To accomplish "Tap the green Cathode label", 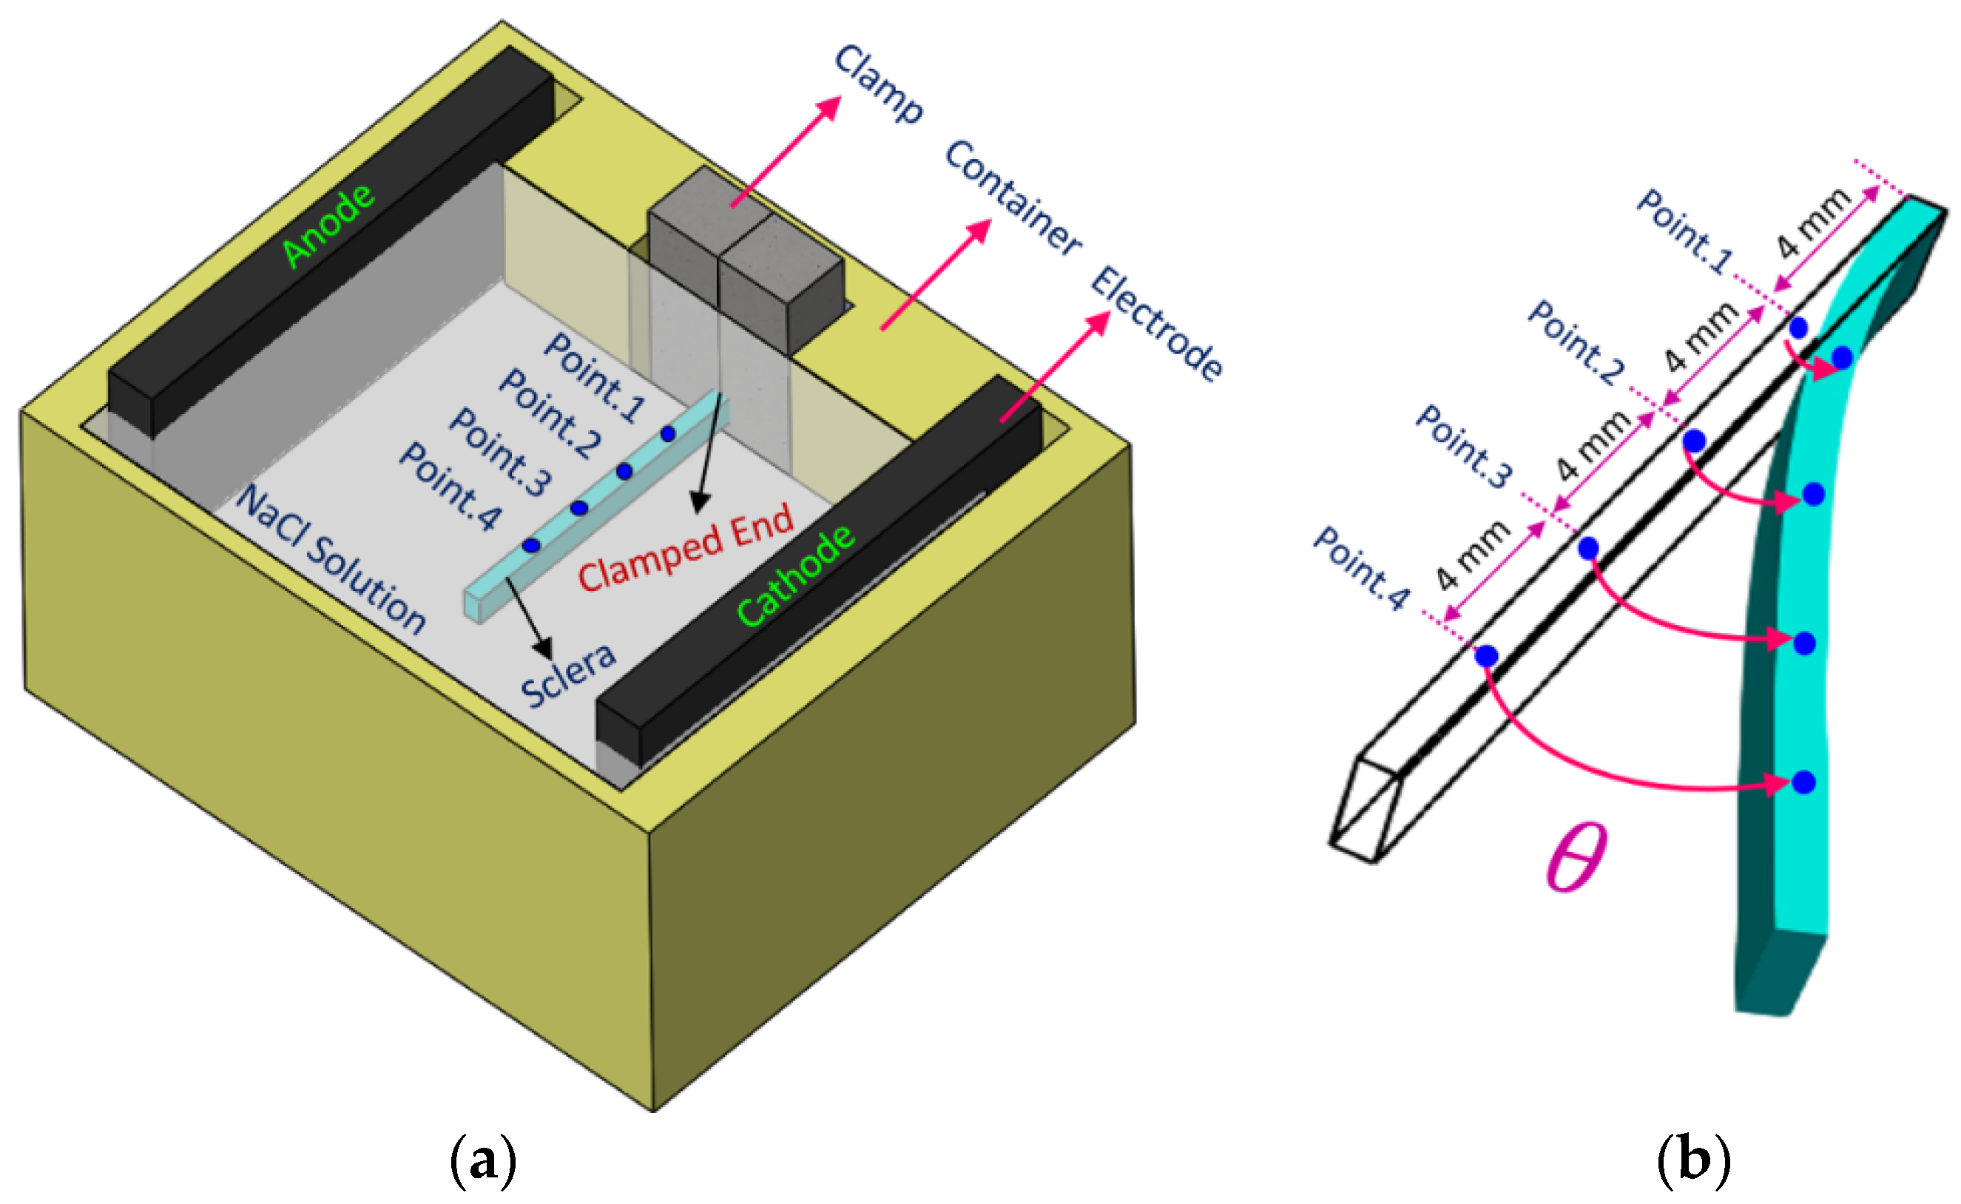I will (x=795, y=575).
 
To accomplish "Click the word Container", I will (x=1013, y=197).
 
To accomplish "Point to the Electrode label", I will (x=1155, y=324).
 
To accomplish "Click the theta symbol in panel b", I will (x=1575, y=859).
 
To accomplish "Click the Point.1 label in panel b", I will (x=1684, y=231).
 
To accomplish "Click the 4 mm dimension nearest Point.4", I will (x=1473, y=555).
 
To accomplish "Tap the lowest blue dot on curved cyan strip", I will (x=1804, y=782).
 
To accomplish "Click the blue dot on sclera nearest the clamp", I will (x=667, y=434).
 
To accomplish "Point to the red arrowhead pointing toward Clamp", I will (x=831, y=106).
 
